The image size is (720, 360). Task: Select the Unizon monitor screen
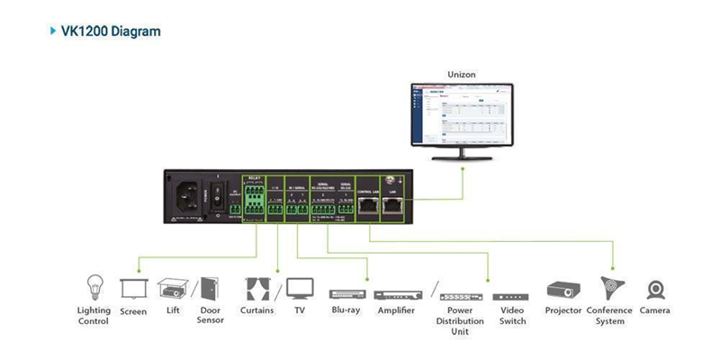tap(462, 113)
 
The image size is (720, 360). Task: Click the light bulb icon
tap(94, 287)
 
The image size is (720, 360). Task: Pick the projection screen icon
tap(133, 289)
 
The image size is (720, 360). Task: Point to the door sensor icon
tap(210, 289)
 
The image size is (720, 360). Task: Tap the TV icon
tap(300, 289)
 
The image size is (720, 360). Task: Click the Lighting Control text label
tap(94, 316)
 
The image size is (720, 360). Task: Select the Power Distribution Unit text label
tap(460, 320)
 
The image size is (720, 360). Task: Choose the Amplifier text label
tap(396, 311)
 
